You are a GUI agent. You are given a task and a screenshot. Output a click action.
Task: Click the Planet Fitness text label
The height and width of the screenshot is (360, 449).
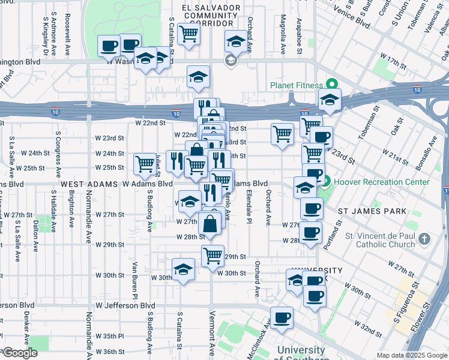click(x=295, y=85)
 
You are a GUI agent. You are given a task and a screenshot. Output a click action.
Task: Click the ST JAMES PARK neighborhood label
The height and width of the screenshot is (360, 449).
click(x=372, y=212)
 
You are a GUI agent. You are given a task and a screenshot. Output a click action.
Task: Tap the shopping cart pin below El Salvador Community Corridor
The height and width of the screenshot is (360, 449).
click(x=188, y=34)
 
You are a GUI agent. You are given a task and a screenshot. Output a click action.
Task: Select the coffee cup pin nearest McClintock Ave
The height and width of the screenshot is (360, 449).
click(x=282, y=318)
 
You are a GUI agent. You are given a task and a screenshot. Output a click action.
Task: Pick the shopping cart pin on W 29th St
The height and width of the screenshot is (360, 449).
click(x=212, y=255)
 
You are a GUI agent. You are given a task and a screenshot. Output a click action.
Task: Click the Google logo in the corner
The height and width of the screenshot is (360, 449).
click(x=19, y=353)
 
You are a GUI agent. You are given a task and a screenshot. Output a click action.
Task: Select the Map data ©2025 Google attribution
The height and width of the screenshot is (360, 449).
click(x=412, y=355)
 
